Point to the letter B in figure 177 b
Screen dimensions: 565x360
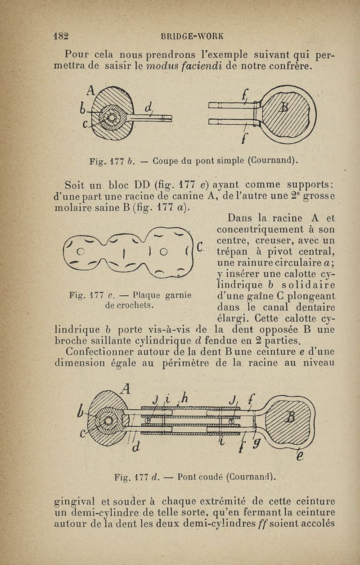click(x=284, y=107)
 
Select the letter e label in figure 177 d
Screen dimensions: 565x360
click(x=301, y=456)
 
